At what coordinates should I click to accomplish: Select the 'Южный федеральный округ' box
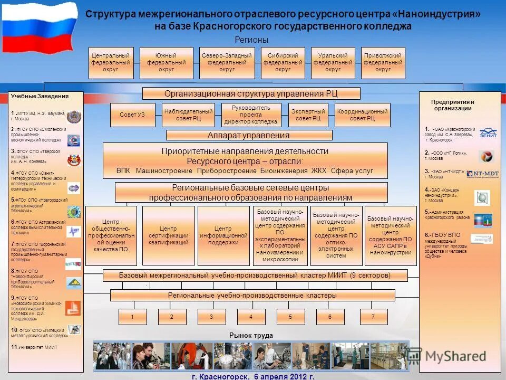coord(167,63)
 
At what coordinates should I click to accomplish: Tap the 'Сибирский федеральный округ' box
coord(283,63)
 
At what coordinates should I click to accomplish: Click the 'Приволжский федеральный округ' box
coord(383,63)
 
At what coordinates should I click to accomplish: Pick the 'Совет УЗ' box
coord(132,115)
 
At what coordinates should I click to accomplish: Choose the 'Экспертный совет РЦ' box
coord(308,115)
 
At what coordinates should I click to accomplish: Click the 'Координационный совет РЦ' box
coord(363,115)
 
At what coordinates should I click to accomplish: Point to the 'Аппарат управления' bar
coord(249,135)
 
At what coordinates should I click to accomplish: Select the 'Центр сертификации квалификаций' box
coord(169,235)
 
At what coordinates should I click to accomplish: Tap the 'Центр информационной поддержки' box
coord(223,235)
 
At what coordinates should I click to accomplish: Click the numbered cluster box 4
coord(251,317)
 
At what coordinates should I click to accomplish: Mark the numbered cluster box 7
coord(374,317)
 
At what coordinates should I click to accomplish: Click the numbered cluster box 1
coord(132,317)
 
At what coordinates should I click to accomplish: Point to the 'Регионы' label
coord(251,40)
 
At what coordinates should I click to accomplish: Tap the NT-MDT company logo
coord(483,173)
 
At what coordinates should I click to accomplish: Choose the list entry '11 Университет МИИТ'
coord(34,347)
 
